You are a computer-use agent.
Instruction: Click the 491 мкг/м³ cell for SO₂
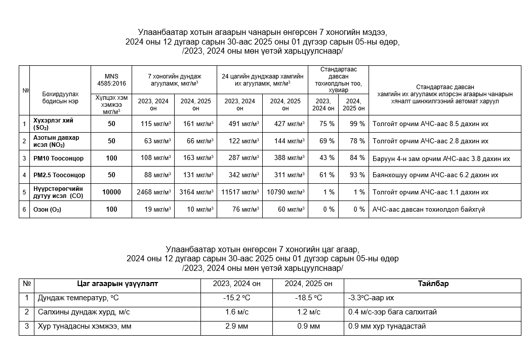click(x=239, y=124)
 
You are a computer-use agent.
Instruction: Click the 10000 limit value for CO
click(x=111, y=192)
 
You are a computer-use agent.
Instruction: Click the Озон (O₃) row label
click(x=47, y=210)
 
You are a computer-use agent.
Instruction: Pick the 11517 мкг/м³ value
click(x=239, y=192)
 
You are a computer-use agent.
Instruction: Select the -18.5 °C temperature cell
click(x=308, y=298)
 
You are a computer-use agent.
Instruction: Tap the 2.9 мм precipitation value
click(x=236, y=326)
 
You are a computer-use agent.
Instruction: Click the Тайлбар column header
click(x=433, y=284)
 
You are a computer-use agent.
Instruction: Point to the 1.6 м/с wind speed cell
click(x=236, y=312)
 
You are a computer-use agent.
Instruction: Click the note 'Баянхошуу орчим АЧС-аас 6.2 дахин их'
click(x=435, y=175)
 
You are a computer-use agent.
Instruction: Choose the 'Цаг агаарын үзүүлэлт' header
click(x=117, y=284)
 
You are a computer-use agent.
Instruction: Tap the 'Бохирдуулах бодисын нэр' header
click(x=60, y=97)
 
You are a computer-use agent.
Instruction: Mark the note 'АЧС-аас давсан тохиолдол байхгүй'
click(x=428, y=210)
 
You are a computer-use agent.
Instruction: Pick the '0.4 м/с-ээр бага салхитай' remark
click(x=392, y=312)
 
